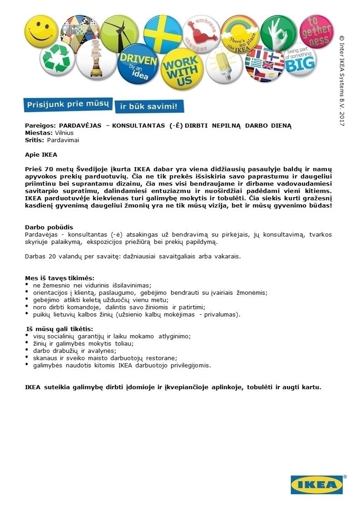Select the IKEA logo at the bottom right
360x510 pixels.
pyautogui.click(x=317, y=485)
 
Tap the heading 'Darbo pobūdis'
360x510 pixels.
pyautogui.click(x=49, y=227)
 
